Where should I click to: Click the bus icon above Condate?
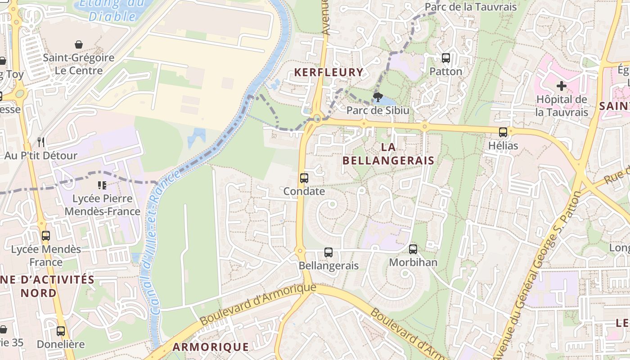click(304, 178)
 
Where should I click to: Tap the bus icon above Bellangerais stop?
click(328, 252)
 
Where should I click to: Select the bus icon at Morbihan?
click(413, 249)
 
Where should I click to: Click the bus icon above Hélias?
click(503, 132)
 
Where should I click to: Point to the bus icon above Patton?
click(445, 58)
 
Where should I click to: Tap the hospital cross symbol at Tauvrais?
click(561, 85)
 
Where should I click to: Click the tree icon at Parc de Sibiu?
click(378, 97)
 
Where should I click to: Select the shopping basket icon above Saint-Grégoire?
click(79, 45)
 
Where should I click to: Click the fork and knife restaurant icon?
click(41, 142)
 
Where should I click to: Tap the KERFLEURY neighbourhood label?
click(328, 72)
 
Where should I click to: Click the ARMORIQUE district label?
click(211, 347)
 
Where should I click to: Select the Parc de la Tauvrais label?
click(471, 7)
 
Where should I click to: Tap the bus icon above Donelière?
click(61, 331)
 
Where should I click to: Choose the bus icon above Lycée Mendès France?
click(45, 236)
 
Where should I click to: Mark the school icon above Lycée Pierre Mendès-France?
click(102, 185)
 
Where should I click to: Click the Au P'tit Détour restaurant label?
click(41, 156)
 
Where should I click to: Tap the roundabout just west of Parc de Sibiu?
click(317, 119)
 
